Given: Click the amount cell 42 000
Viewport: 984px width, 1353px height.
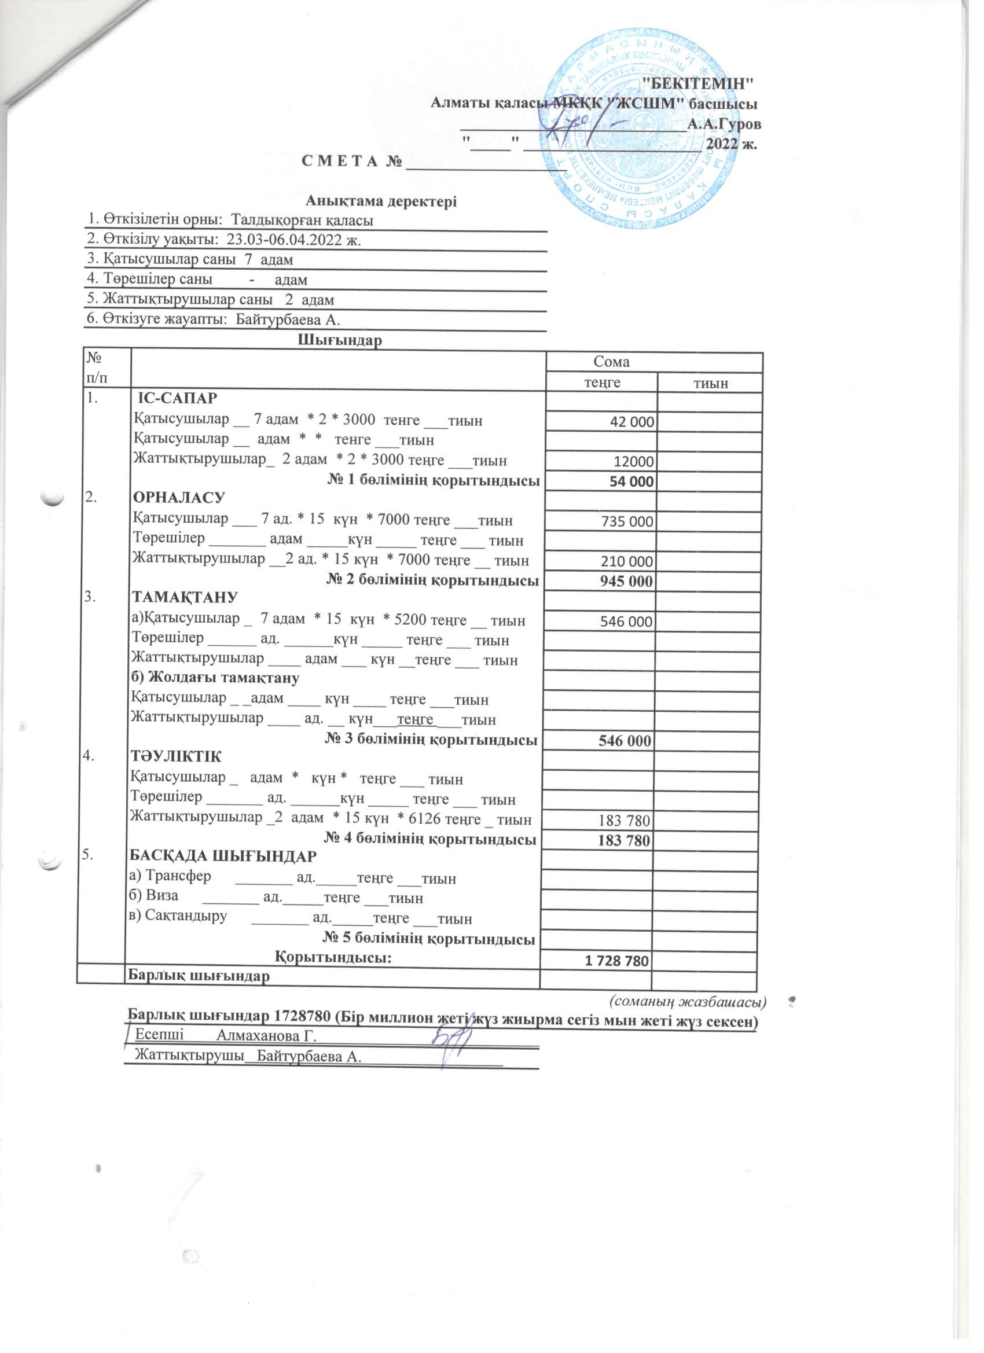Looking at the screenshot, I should (632, 422).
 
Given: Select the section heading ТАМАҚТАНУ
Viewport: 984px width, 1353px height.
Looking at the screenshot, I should (185, 598).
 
